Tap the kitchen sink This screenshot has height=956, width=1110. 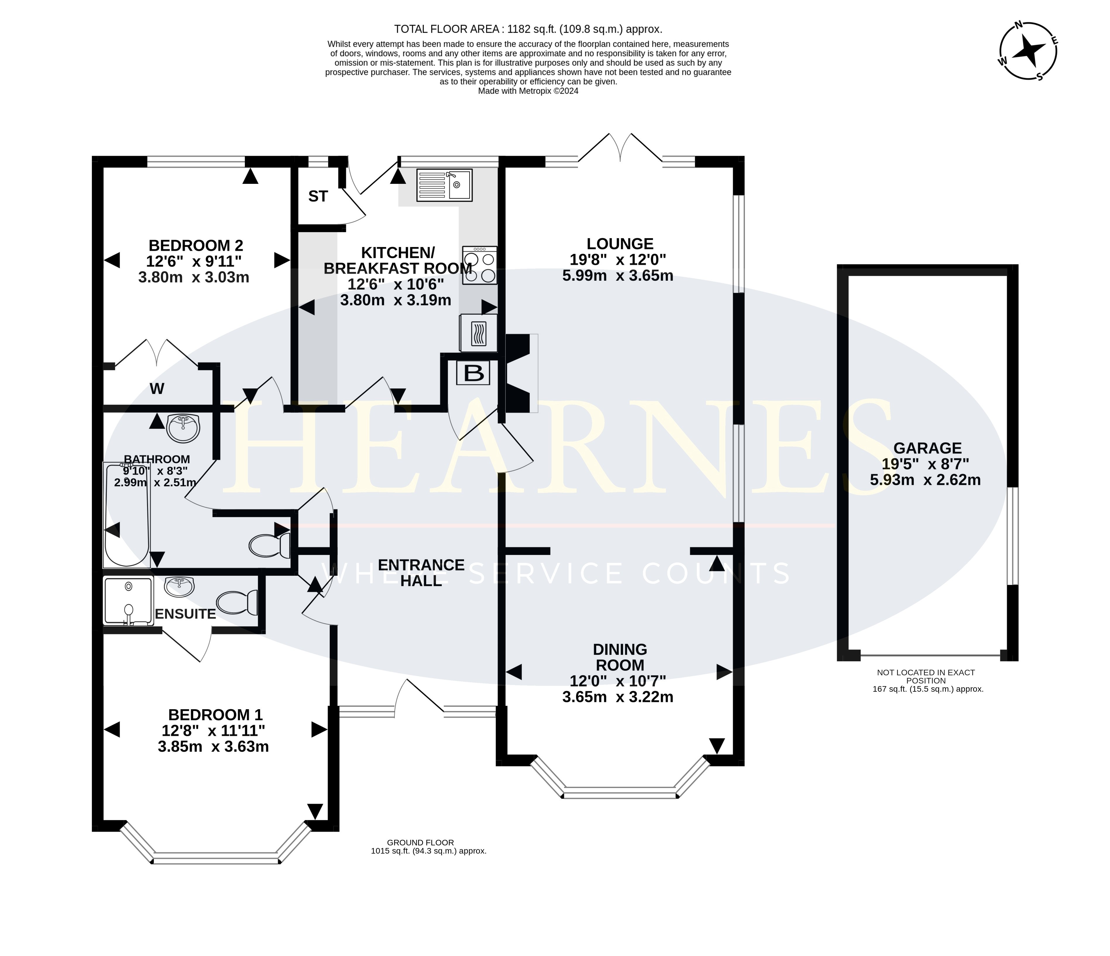point(444,185)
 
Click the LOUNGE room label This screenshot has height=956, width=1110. point(620,244)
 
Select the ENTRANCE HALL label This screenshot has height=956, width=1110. point(421,572)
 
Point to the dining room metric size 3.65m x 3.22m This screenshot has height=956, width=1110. point(618,697)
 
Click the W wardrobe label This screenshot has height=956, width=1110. point(157,389)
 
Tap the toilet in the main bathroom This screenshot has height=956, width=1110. point(269,546)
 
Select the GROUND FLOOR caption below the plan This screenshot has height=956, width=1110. point(420,842)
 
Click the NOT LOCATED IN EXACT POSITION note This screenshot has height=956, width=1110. point(926,676)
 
